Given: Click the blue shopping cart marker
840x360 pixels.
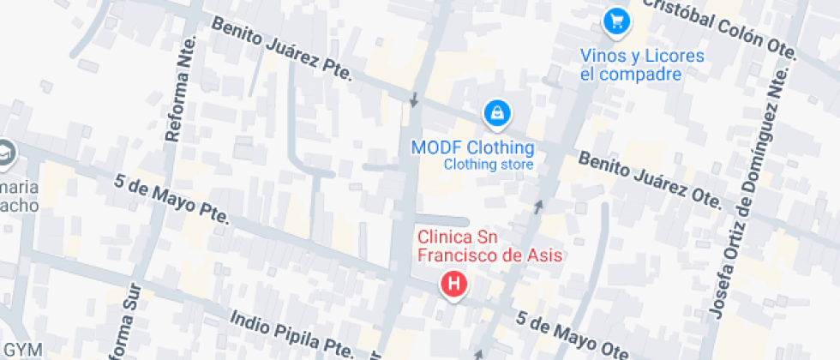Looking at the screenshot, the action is (615, 21).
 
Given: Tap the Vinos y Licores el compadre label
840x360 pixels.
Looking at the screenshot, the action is (642, 65).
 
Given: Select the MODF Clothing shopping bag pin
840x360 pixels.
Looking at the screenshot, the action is (496, 112).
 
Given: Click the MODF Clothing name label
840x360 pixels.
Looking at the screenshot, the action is (472, 147).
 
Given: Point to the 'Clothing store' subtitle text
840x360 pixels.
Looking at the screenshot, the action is (489, 165).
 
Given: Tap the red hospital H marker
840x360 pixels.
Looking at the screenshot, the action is (453, 284).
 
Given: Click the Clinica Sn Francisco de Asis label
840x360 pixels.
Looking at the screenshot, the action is (489, 246).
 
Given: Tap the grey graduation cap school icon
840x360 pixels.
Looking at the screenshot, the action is (6, 151).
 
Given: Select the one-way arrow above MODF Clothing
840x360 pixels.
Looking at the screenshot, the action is (414, 100).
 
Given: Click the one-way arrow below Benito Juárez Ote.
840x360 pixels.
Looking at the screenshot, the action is (539, 206).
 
